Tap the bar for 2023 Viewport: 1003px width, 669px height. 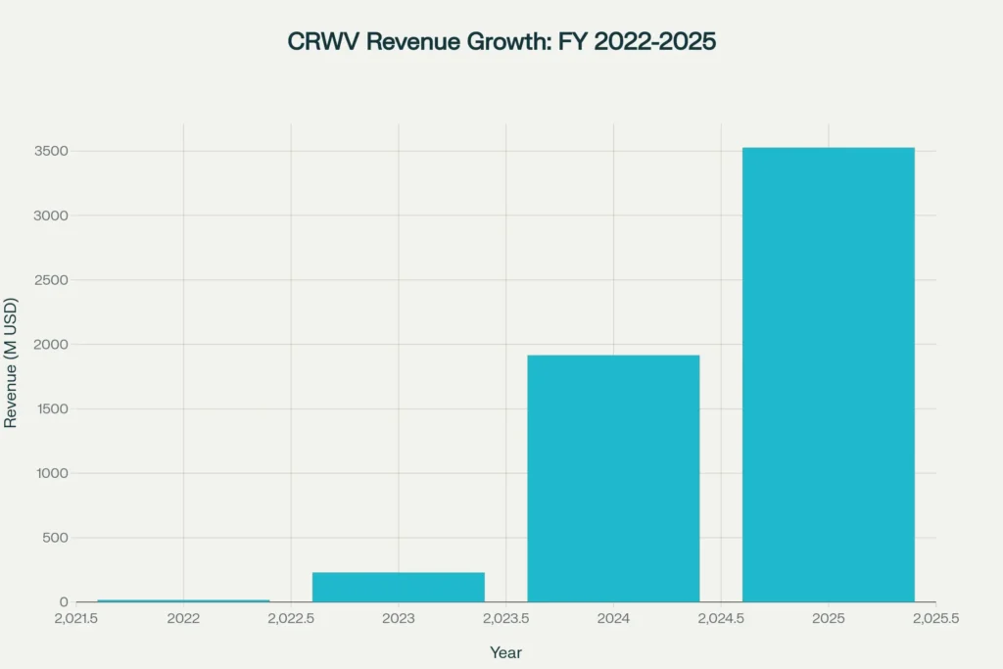coord(398,587)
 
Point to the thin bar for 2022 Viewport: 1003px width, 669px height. coord(183,600)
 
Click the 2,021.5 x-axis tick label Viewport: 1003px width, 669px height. coord(75,619)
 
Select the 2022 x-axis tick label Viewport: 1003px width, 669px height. coord(183,619)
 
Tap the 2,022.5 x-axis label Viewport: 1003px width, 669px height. coord(291,619)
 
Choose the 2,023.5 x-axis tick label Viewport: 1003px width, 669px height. coord(505,619)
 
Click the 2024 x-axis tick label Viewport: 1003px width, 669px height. coord(613,619)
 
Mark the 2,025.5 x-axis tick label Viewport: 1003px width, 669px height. coord(935,619)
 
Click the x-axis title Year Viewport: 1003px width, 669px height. coord(505,652)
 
